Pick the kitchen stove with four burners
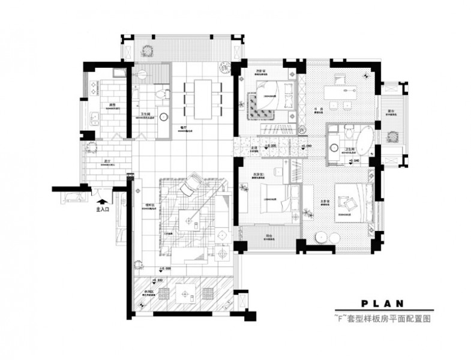94,88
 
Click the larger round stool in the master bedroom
322,236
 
